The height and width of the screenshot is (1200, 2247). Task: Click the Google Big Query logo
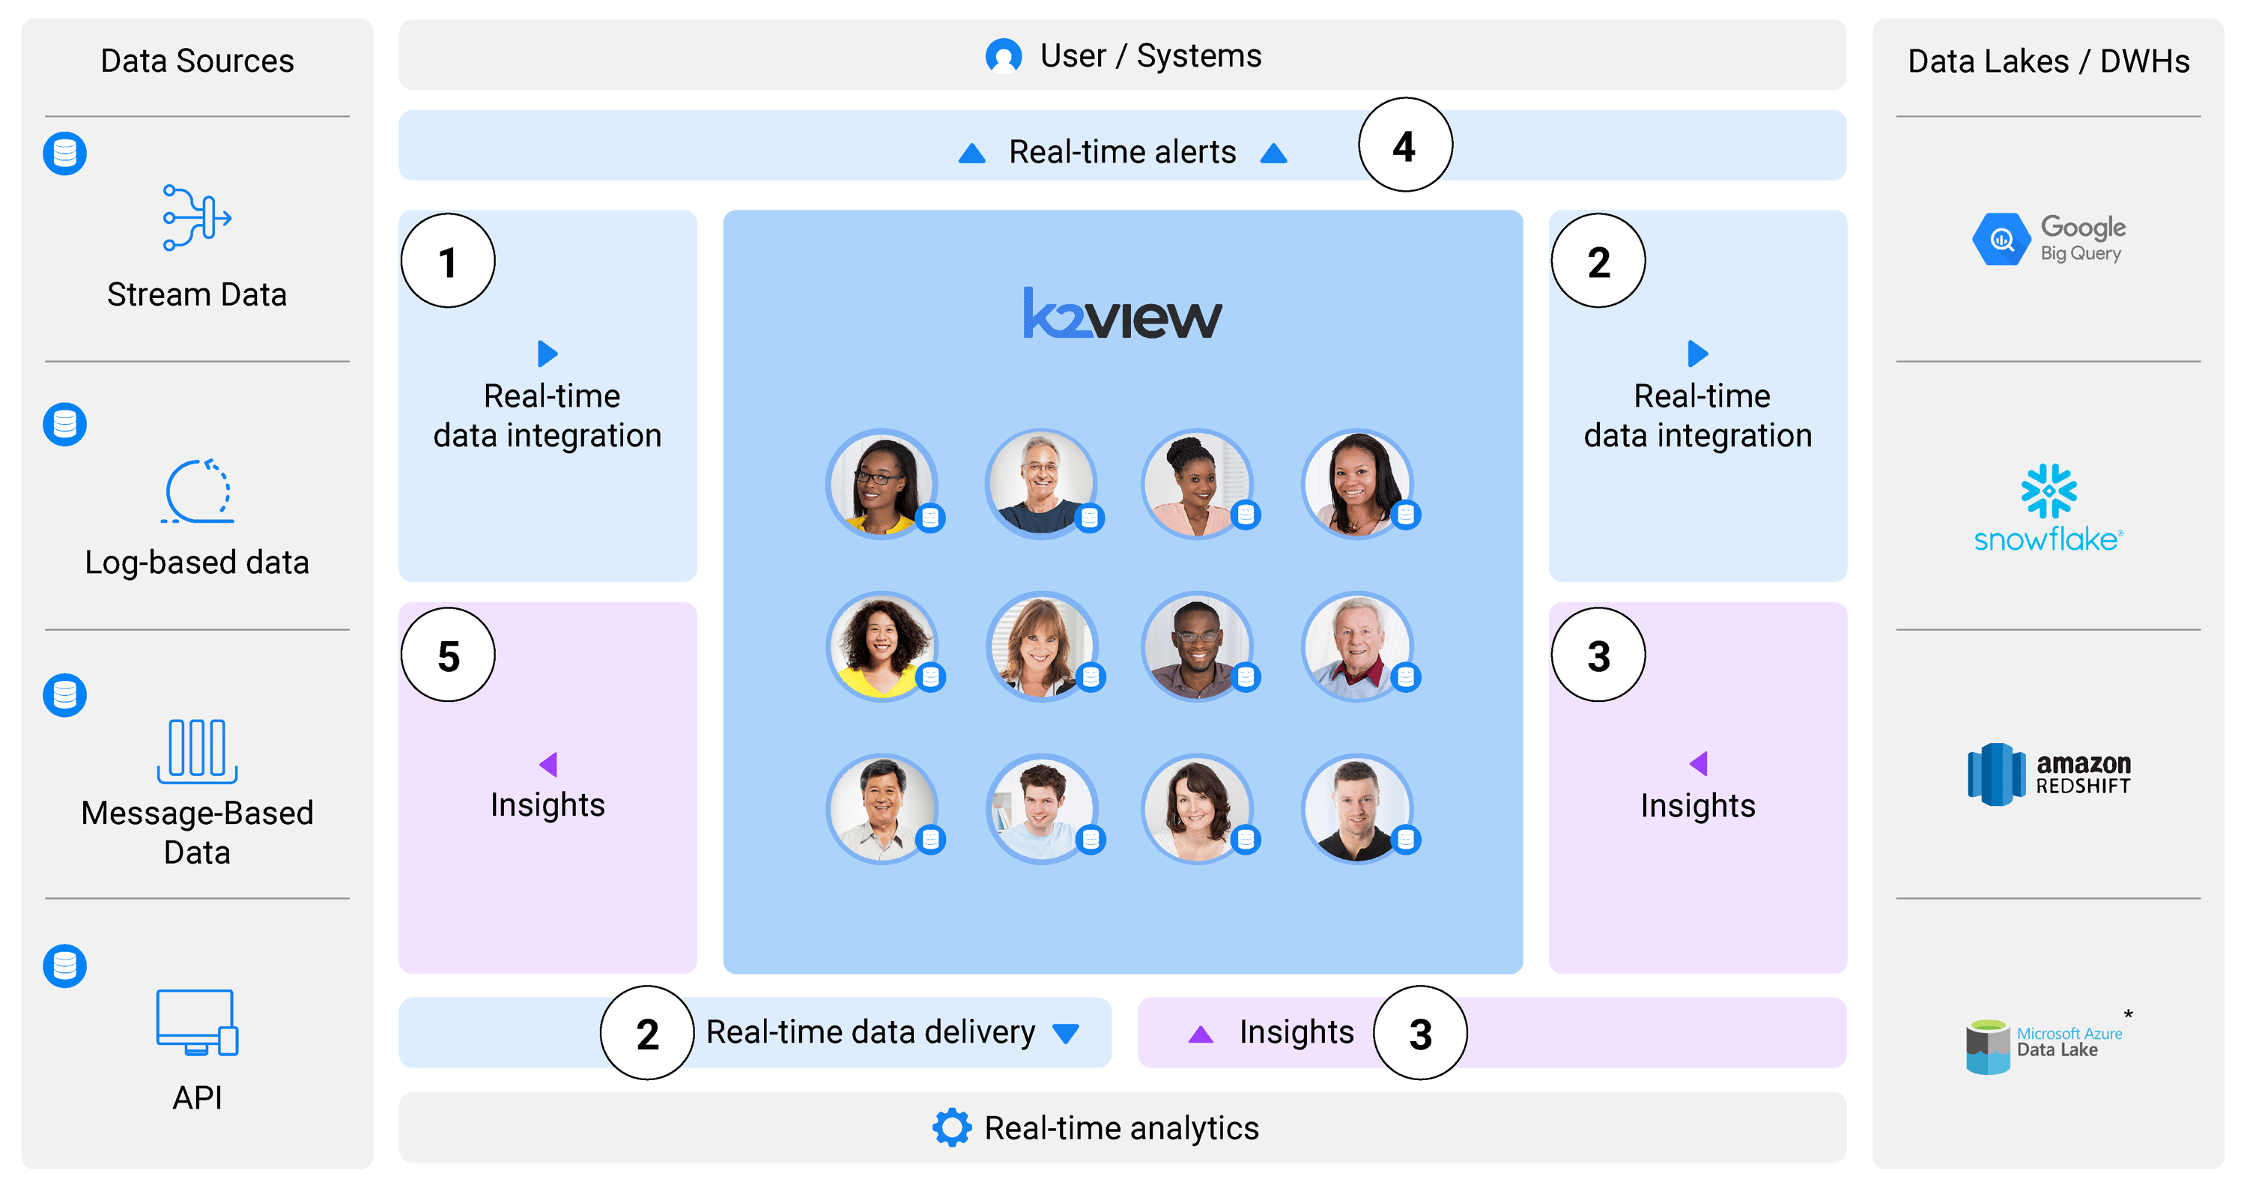point(2048,239)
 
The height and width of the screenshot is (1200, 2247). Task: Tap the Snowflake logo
point(2048,508)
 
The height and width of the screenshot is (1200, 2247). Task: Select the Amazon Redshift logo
point(2048,775)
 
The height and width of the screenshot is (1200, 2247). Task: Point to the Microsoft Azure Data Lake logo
point(2046,1045)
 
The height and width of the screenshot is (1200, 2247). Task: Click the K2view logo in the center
point(1123,315)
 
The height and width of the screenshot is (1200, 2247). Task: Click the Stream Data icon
point(197,217)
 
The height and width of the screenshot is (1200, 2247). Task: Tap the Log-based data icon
point(197,491)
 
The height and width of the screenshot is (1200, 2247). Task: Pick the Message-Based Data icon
point(197,750)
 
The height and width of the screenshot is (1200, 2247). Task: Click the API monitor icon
point(197,1022)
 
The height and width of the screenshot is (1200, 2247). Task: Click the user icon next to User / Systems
point(1003,56)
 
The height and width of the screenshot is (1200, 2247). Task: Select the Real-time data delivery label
point(870,1032)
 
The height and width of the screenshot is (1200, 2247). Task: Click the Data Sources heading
point(197,61)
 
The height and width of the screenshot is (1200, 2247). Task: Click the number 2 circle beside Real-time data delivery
point(647,1034)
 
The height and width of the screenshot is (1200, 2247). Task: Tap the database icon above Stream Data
point(65,154)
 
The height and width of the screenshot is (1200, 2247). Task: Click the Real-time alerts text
point(1123,152)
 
